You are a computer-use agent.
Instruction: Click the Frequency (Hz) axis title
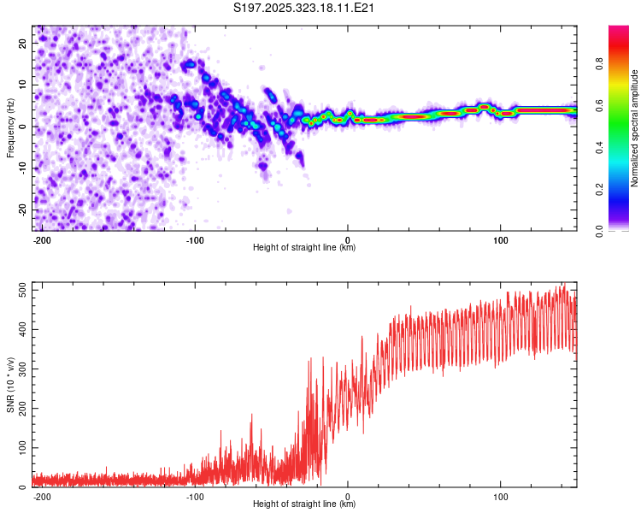(10, 127)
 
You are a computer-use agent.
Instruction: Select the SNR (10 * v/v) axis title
(10, 385)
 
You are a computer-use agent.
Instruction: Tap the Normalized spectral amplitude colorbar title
(635, 128)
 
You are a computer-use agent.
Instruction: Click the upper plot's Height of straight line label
(304, 248)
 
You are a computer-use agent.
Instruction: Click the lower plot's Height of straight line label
(304, 504)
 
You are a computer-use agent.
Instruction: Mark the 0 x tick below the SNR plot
(348, 495)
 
